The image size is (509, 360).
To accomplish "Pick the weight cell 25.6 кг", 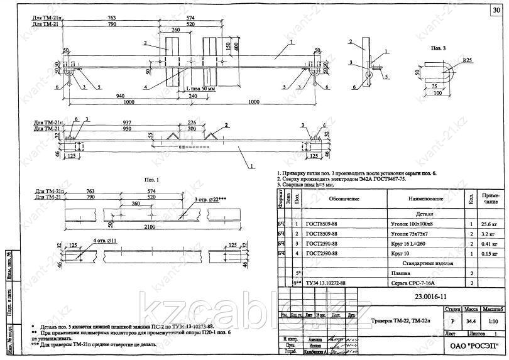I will click(x=491, y=223).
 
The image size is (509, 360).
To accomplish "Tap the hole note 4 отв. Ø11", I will click(x=88, y=241).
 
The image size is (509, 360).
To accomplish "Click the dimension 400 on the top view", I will click(x=236, y=47).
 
